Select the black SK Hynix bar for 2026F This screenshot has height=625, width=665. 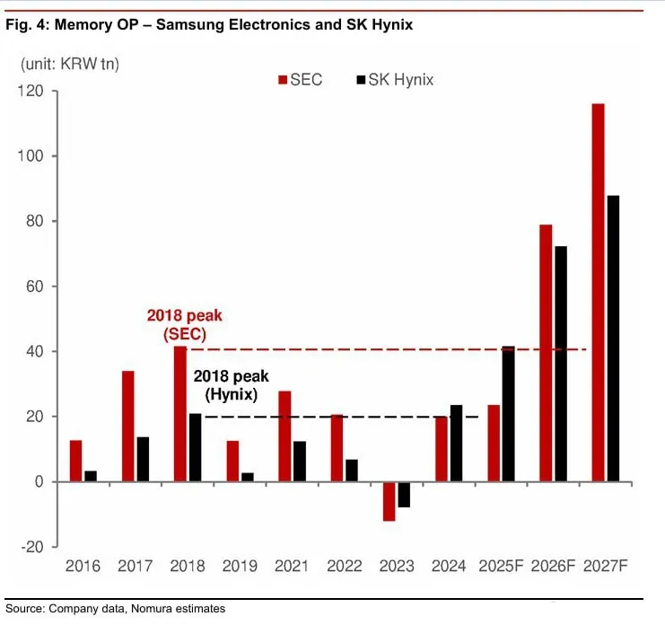pos(561,364)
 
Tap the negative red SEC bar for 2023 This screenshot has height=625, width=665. pos(389,501)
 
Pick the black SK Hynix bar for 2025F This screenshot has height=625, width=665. pos(509,414)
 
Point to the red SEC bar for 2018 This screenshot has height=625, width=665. pos(180,414)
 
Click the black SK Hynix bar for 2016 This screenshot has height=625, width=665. pos(91,476)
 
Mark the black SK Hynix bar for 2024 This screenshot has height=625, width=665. pos(456,444)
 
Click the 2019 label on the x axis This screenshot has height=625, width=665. pos(240,566)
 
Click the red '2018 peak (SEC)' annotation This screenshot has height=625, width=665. pos(184,324)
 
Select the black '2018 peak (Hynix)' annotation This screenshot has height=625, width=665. pos(231,385)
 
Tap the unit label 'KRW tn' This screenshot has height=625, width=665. pos(96,64)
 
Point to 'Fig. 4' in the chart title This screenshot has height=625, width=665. pos(26,25)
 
